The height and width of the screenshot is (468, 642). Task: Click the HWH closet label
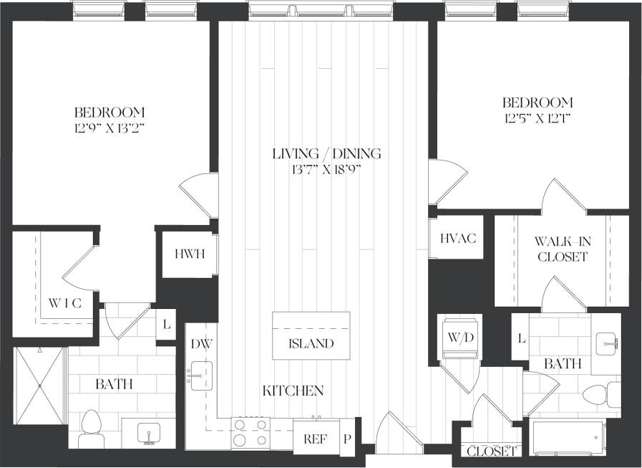click(189, 254)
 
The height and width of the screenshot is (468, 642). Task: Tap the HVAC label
click(457, 239)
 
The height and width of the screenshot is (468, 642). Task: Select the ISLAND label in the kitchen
click(311, 343)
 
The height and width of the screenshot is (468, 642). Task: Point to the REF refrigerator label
click(316, 439)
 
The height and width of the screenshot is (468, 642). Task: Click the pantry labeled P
click(347, 439)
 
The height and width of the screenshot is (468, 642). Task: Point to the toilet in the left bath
click(91, 423)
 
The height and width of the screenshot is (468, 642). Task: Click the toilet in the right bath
click(596, 395)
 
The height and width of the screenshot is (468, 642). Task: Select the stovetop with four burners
click(250, 432)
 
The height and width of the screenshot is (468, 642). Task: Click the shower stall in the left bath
click(40, 387)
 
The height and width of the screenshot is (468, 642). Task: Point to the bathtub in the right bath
click(568, 439)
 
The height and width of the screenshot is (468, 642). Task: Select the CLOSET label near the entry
click(492, 452)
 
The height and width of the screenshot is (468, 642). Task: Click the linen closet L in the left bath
click(166, 325)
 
